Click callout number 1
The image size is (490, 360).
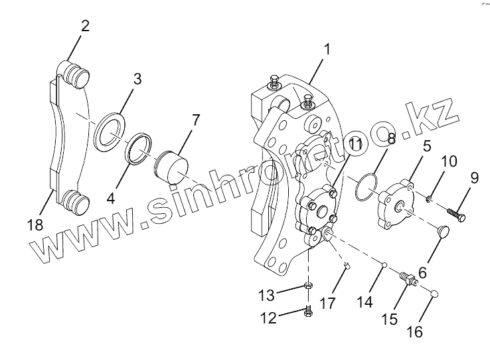pos(327,48)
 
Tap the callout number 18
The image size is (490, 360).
pos(36,225)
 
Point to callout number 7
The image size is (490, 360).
pos(196,120)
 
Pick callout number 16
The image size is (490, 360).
pos(414,330)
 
